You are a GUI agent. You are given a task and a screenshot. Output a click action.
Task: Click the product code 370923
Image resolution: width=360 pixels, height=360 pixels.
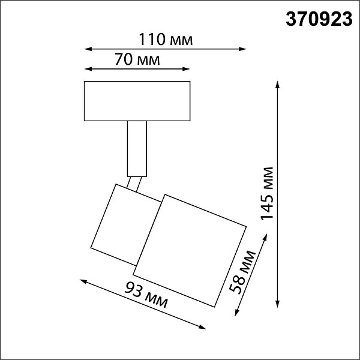pyautogui.click(x=319, y=19)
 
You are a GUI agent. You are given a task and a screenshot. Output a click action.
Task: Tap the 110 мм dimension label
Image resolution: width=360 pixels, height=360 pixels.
pyautogui.click(x=166, y=40)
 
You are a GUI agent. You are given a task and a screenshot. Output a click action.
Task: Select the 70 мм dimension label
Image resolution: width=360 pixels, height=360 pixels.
pyautogui.click(x=137, y=59)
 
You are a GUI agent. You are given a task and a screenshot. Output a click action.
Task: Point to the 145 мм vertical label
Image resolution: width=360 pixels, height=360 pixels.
pyautogui.click(x=267, y=194)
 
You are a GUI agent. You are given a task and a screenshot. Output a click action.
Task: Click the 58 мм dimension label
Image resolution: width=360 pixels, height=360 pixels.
pyautogui.click(x=242, y=272)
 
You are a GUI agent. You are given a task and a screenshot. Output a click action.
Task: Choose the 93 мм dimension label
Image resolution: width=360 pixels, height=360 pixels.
pyautogui.click(x=146, y=295)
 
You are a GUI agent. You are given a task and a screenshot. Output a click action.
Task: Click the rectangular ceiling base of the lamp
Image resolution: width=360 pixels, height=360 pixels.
pyautogui.click(x=137, y=101)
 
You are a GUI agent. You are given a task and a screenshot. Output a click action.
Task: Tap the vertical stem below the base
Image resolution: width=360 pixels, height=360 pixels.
pyautogui.click(x=137, y=149)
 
